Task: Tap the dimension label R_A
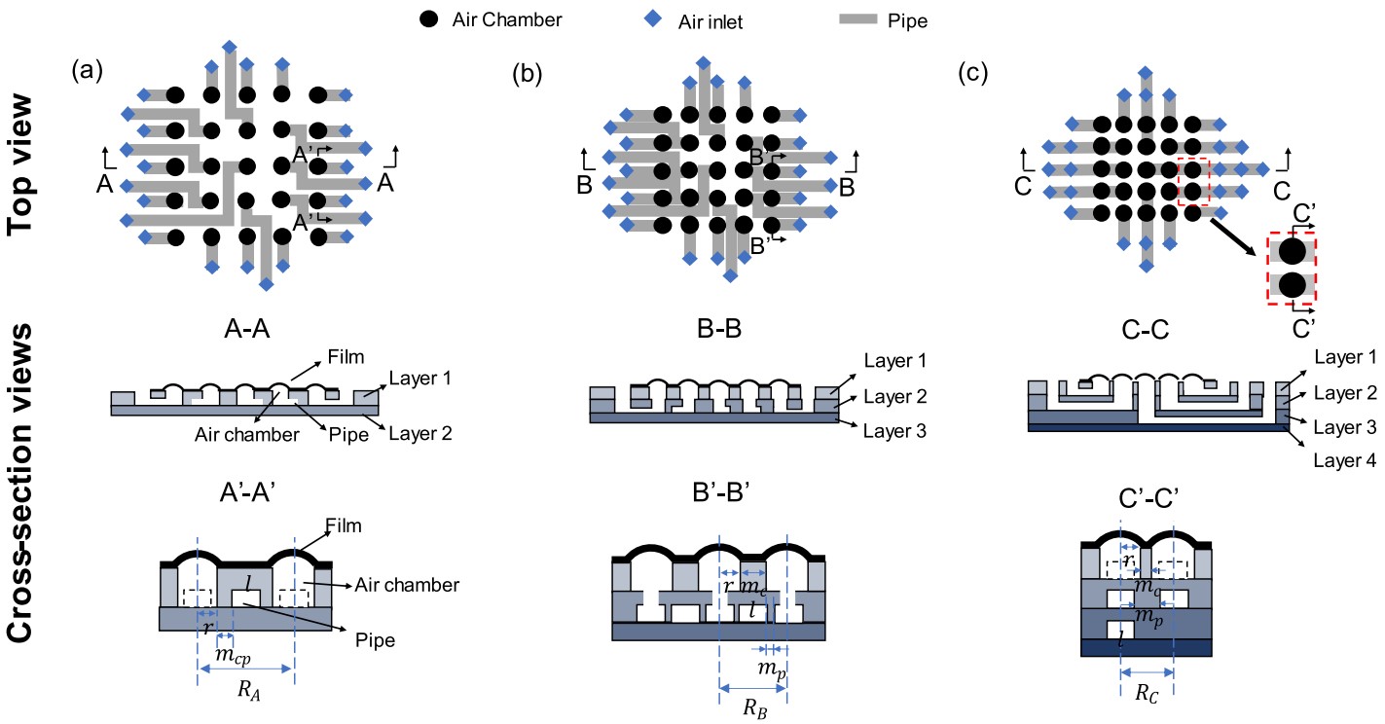pos(247,693)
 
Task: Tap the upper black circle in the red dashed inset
pos(1292,251)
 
